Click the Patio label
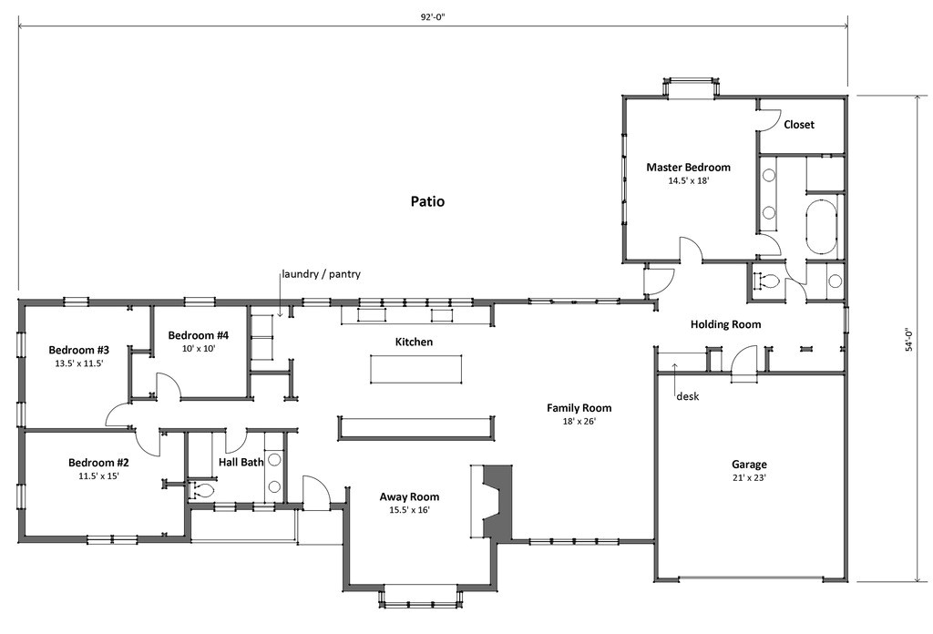[427, 201]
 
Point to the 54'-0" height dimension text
[909, 343]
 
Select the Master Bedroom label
[688, 168]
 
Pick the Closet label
[799, 125]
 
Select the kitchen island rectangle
[417, 367]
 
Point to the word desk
[688, 396]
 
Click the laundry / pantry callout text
[320, 274]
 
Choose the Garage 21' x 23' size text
[749, 477]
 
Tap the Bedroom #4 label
[199, 335]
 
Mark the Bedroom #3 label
[79, 350]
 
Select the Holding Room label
[725, 324]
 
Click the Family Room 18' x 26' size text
[579, 422]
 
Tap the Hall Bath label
[241, 463]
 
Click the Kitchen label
[414, 343]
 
